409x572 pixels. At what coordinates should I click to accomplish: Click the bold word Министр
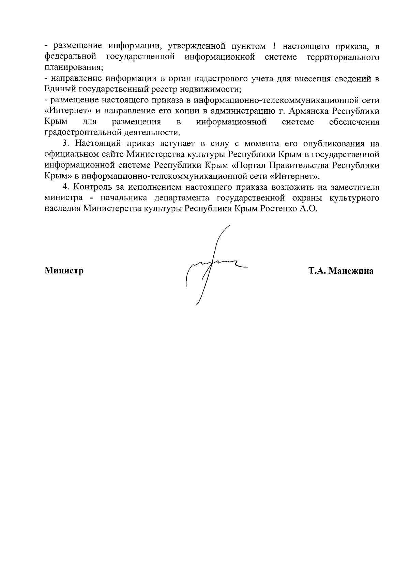(x=64, y=271)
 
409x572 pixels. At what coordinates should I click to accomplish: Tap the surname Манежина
(x=351, y=271)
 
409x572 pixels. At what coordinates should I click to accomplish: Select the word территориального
(x=343, y=57)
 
